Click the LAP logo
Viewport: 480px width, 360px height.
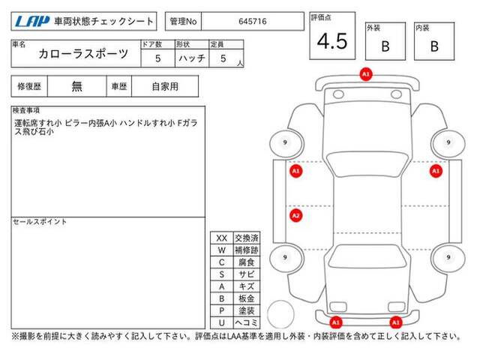point(31,22)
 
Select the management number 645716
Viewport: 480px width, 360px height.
point(253,22)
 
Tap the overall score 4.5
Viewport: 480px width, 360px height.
point(332,41)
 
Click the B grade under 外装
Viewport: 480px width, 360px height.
point(385,46)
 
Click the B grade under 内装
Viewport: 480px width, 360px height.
point(434,46)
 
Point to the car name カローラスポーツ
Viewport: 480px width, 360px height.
point(83,54)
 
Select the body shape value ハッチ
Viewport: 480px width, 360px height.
point(192,58)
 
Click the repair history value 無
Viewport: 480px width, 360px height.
point(76,86)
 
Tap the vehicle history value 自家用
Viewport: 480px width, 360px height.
point(165,87)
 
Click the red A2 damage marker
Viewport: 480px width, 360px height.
point(295,215)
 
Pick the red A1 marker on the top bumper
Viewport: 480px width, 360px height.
point(366,74)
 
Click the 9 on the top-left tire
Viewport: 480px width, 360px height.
point(285,142)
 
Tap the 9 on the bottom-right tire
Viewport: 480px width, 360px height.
point(448,257)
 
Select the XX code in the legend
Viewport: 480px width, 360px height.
point(222,238)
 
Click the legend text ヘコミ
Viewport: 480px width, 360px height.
point(247,322)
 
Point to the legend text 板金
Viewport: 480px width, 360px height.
point(247,298)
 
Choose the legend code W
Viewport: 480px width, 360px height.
point(222,250)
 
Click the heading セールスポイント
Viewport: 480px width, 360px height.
point(40,222)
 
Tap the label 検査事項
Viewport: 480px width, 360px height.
point(26,110)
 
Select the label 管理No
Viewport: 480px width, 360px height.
point(183,22)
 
